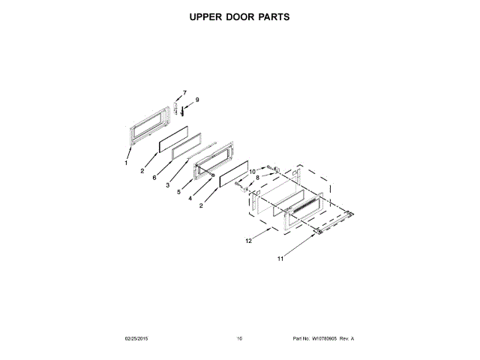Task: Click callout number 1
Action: pos(127,163)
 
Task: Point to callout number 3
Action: pos(168,184)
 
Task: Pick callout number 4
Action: pos(190,199)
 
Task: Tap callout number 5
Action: pos(179,191)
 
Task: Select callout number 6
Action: pos(154,178)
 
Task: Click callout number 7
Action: pos(184,93)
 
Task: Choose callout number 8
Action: pos(257,178)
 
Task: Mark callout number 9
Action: pos(197,100)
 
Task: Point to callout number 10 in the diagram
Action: pos(253,172)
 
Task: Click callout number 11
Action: pos(281,259)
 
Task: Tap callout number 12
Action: pos(248,241)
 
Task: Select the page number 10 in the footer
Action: pos(239,338)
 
